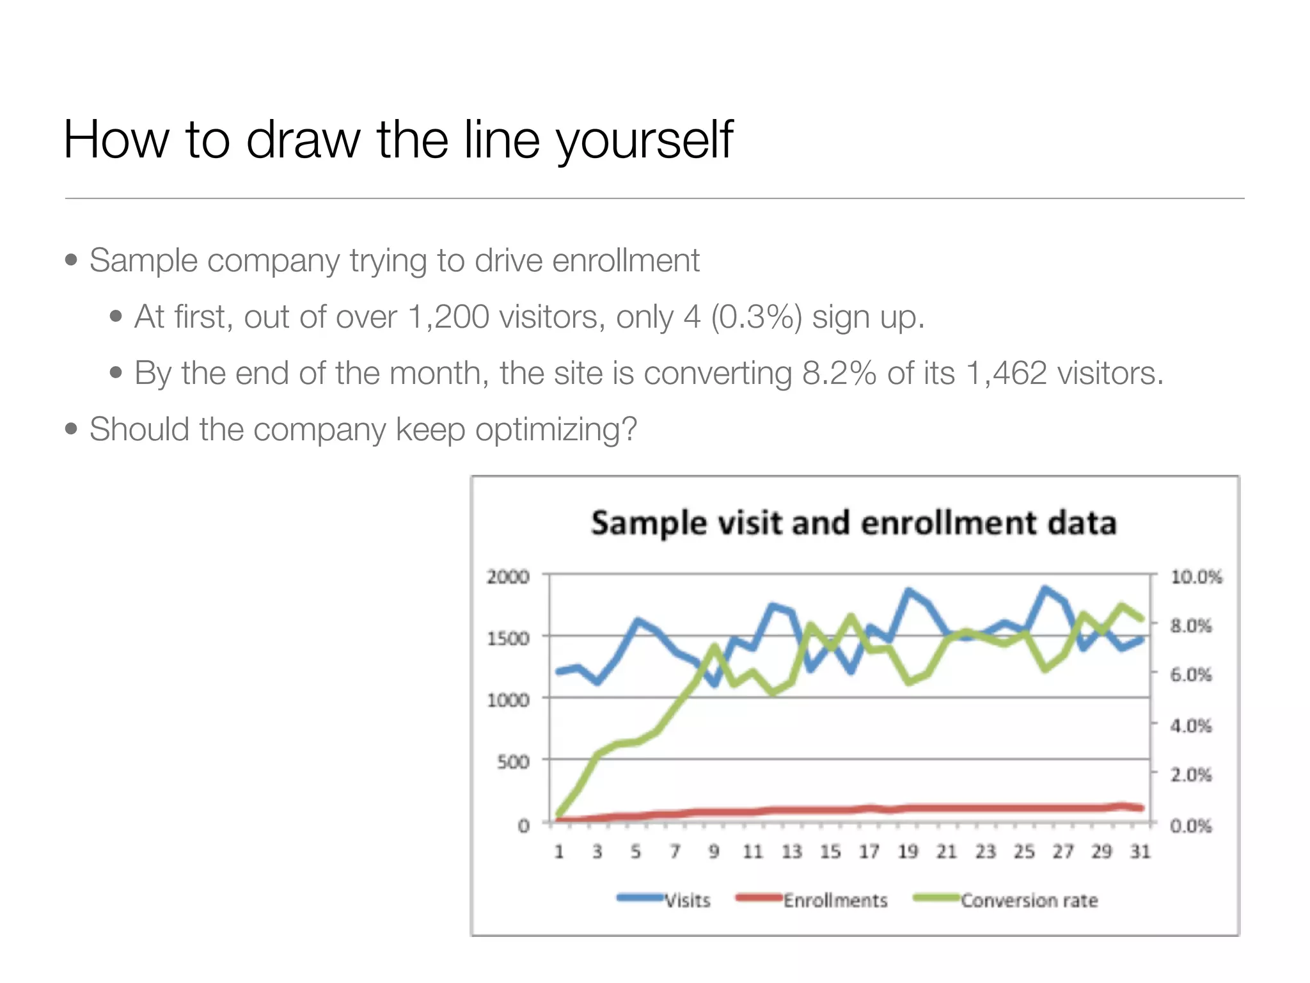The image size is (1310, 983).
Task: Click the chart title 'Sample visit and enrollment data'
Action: (x=853, y=523)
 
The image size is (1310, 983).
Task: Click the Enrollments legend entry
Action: (x=835, y=900)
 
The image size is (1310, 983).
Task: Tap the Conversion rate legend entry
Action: (x=1029, y=900)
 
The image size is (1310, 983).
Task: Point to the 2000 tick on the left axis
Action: (x=508, y=577)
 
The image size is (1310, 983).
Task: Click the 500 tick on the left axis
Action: (x=513, y=762)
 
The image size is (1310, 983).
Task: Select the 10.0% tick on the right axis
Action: (x=1196, y=577)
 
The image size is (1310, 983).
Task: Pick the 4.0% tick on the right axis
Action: (x=1190, y=726)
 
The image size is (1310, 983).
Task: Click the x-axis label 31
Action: (x=1140, y=852)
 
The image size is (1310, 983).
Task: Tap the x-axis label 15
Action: (x=830, y=852)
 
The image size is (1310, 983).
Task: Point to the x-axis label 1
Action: (x=559, y=852)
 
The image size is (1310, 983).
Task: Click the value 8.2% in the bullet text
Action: (x=839, y=373)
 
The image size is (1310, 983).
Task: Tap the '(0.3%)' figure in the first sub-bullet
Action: (x=755, y=317)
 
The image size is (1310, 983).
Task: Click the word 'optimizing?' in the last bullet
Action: (x=556, y=429)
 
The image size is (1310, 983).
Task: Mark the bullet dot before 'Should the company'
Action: (x=71, y=429)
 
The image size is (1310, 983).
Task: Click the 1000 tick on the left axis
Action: (x=508, y=700)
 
